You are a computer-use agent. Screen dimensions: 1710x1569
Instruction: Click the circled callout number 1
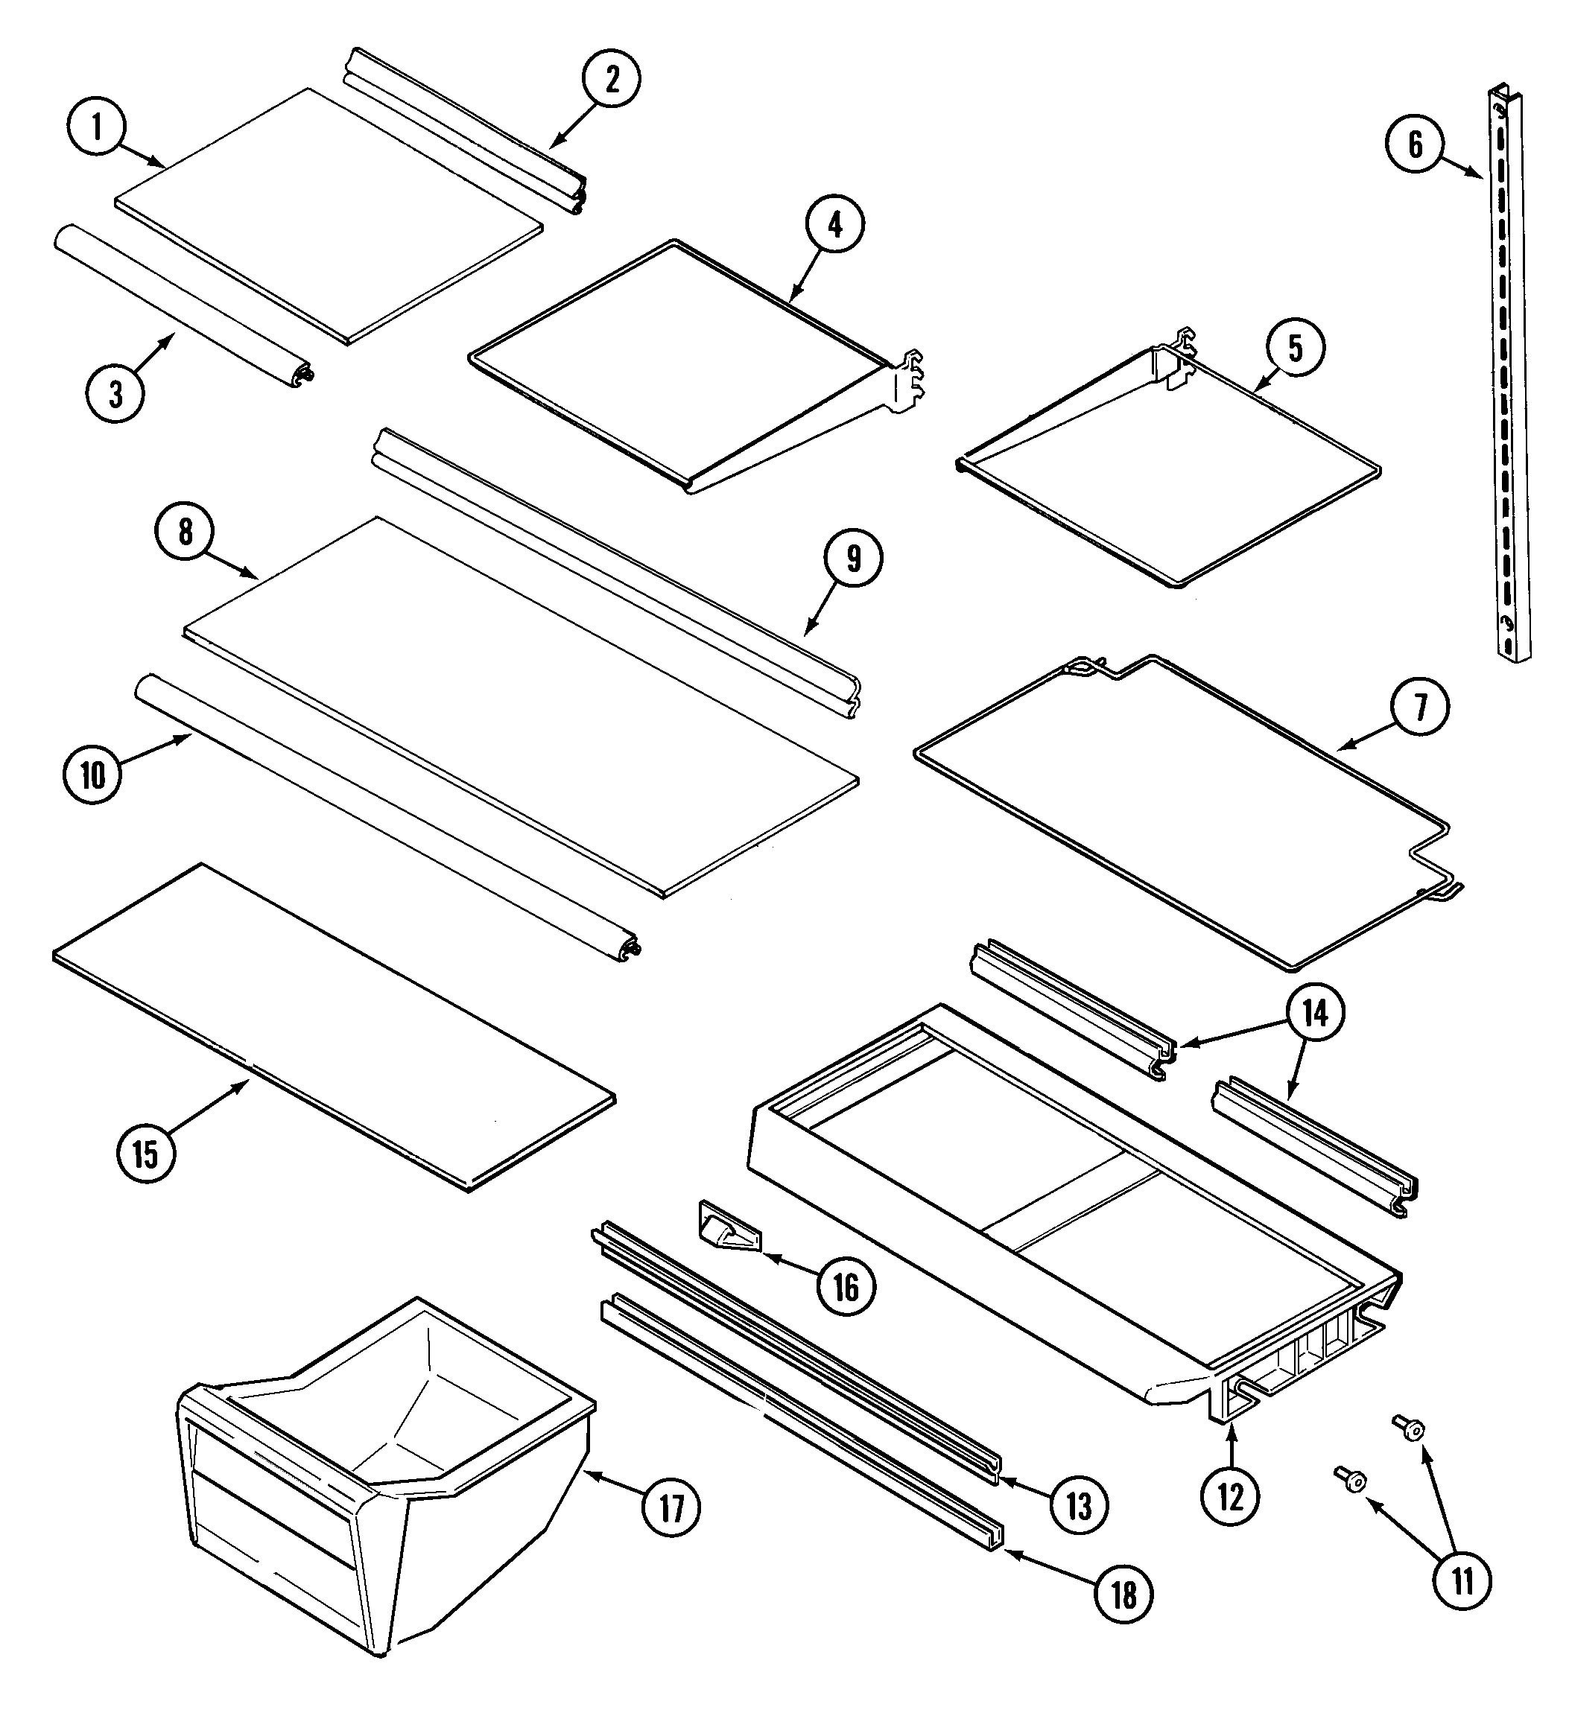tap(97, 128)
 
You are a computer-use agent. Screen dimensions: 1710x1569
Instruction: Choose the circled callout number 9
tap(854, 559)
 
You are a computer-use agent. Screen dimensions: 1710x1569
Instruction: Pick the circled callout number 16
tap(846, 1288)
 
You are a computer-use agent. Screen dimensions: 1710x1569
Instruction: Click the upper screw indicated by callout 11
tap(1411, 1429)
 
